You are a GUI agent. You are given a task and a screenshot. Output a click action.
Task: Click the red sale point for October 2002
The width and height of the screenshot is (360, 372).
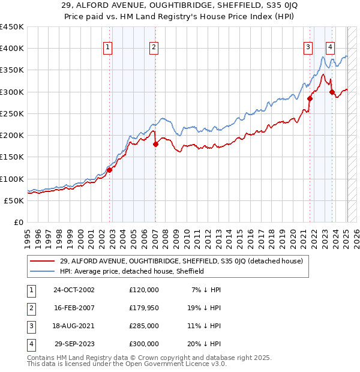coord(110,170)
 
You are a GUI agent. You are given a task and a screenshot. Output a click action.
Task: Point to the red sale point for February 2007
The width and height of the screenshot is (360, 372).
coord(155,144)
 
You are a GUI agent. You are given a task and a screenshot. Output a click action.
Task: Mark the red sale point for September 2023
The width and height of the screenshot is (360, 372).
coord(332,92)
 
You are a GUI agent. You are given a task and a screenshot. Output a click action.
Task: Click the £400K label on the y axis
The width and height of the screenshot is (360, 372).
coord(12,49)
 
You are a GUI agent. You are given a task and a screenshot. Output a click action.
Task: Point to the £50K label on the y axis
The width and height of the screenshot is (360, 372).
coord(14,200)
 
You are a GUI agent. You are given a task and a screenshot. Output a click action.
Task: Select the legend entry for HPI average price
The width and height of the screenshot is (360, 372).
coord(132,271)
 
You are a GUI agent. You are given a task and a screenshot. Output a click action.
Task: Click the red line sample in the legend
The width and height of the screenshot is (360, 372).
coord(43,262)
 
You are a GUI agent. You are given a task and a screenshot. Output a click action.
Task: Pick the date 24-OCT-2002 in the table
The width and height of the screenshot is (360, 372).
coord(74,290)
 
